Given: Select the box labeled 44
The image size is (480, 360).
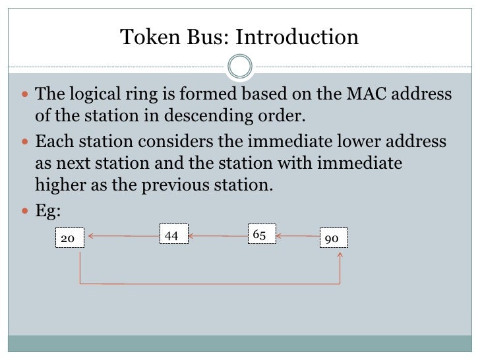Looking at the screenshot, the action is click(x=173, y=233).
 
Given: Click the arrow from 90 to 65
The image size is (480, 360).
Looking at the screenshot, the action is click(x=298, y=235).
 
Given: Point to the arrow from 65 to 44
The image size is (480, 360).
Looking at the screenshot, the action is click(x=218, y=235).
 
